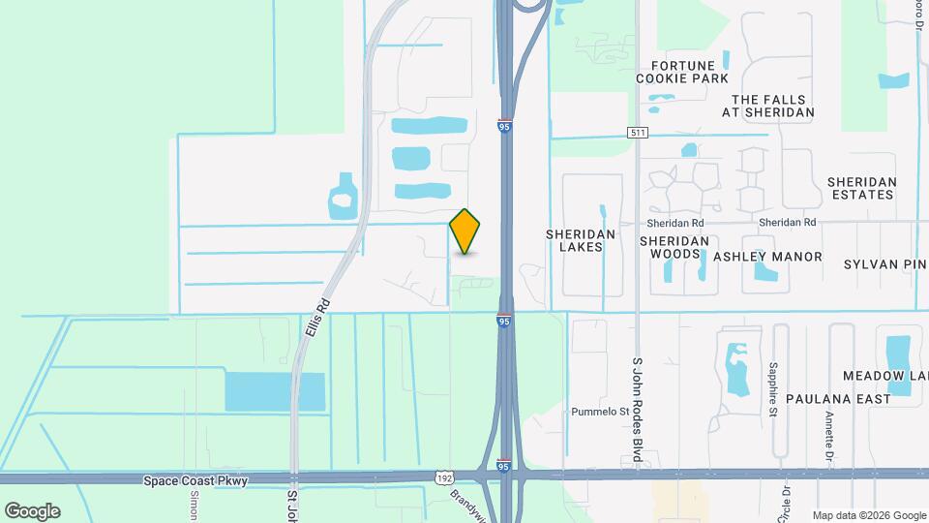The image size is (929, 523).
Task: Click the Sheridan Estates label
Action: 861,188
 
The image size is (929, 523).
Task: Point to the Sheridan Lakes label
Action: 574,240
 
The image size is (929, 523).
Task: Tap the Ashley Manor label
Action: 767,257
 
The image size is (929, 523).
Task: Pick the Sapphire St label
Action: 773,388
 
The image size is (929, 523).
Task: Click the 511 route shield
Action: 637,132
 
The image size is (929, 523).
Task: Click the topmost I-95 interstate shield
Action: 504,126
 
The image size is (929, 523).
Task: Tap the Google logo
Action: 32,510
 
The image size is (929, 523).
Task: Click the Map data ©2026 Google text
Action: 868,515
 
